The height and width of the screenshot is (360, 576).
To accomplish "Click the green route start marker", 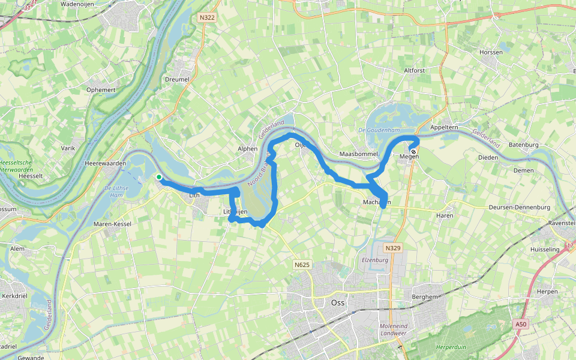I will click(158, 176).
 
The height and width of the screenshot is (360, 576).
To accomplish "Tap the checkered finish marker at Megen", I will click(413, 151).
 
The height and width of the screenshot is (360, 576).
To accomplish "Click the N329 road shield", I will click(392, 248).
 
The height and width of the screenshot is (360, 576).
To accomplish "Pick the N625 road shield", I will click(301, 264).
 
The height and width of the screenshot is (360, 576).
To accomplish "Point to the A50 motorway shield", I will click(521, 325).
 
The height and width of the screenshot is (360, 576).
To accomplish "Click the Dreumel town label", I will click(177, 79).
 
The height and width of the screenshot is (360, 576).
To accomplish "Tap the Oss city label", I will click(338, 302).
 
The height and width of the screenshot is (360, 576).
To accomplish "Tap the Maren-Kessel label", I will click(112, 224).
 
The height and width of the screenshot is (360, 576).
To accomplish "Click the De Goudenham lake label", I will click(378, 130).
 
